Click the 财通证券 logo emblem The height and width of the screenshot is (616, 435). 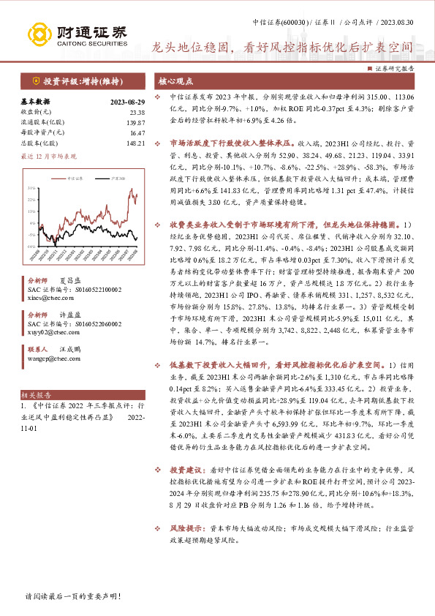tap(41, 34)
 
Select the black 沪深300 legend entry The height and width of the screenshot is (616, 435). tap(110, 178)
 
